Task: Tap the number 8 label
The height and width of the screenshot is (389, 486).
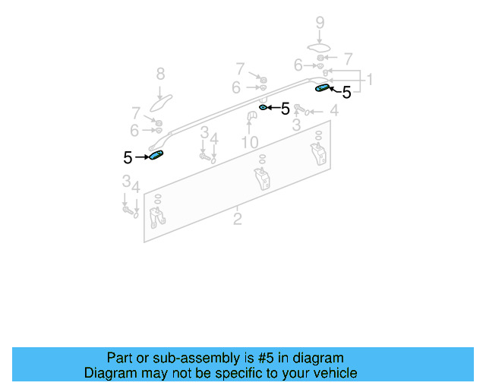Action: [x=160, y=74]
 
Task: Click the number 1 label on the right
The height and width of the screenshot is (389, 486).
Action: [x=369, y=80]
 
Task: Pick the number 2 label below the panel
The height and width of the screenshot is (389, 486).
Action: [x=238, y=220]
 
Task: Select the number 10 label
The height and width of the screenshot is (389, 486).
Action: [x=250, y=142]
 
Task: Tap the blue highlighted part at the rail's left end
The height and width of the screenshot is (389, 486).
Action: [x=157, y=156]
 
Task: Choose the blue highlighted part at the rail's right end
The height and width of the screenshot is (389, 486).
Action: [x=322, y=88]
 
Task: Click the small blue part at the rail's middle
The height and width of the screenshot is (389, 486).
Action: [x=263, y=108]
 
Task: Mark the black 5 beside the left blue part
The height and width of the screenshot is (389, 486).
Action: [x=128, y=158]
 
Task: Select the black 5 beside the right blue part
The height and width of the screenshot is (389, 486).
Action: [x=346, y=93]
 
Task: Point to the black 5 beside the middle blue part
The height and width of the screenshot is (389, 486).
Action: [x=285, y=109]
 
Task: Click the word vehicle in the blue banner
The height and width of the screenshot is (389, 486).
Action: [x=333, y=373]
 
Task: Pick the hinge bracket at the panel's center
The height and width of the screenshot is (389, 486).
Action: [x=262, y=180]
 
